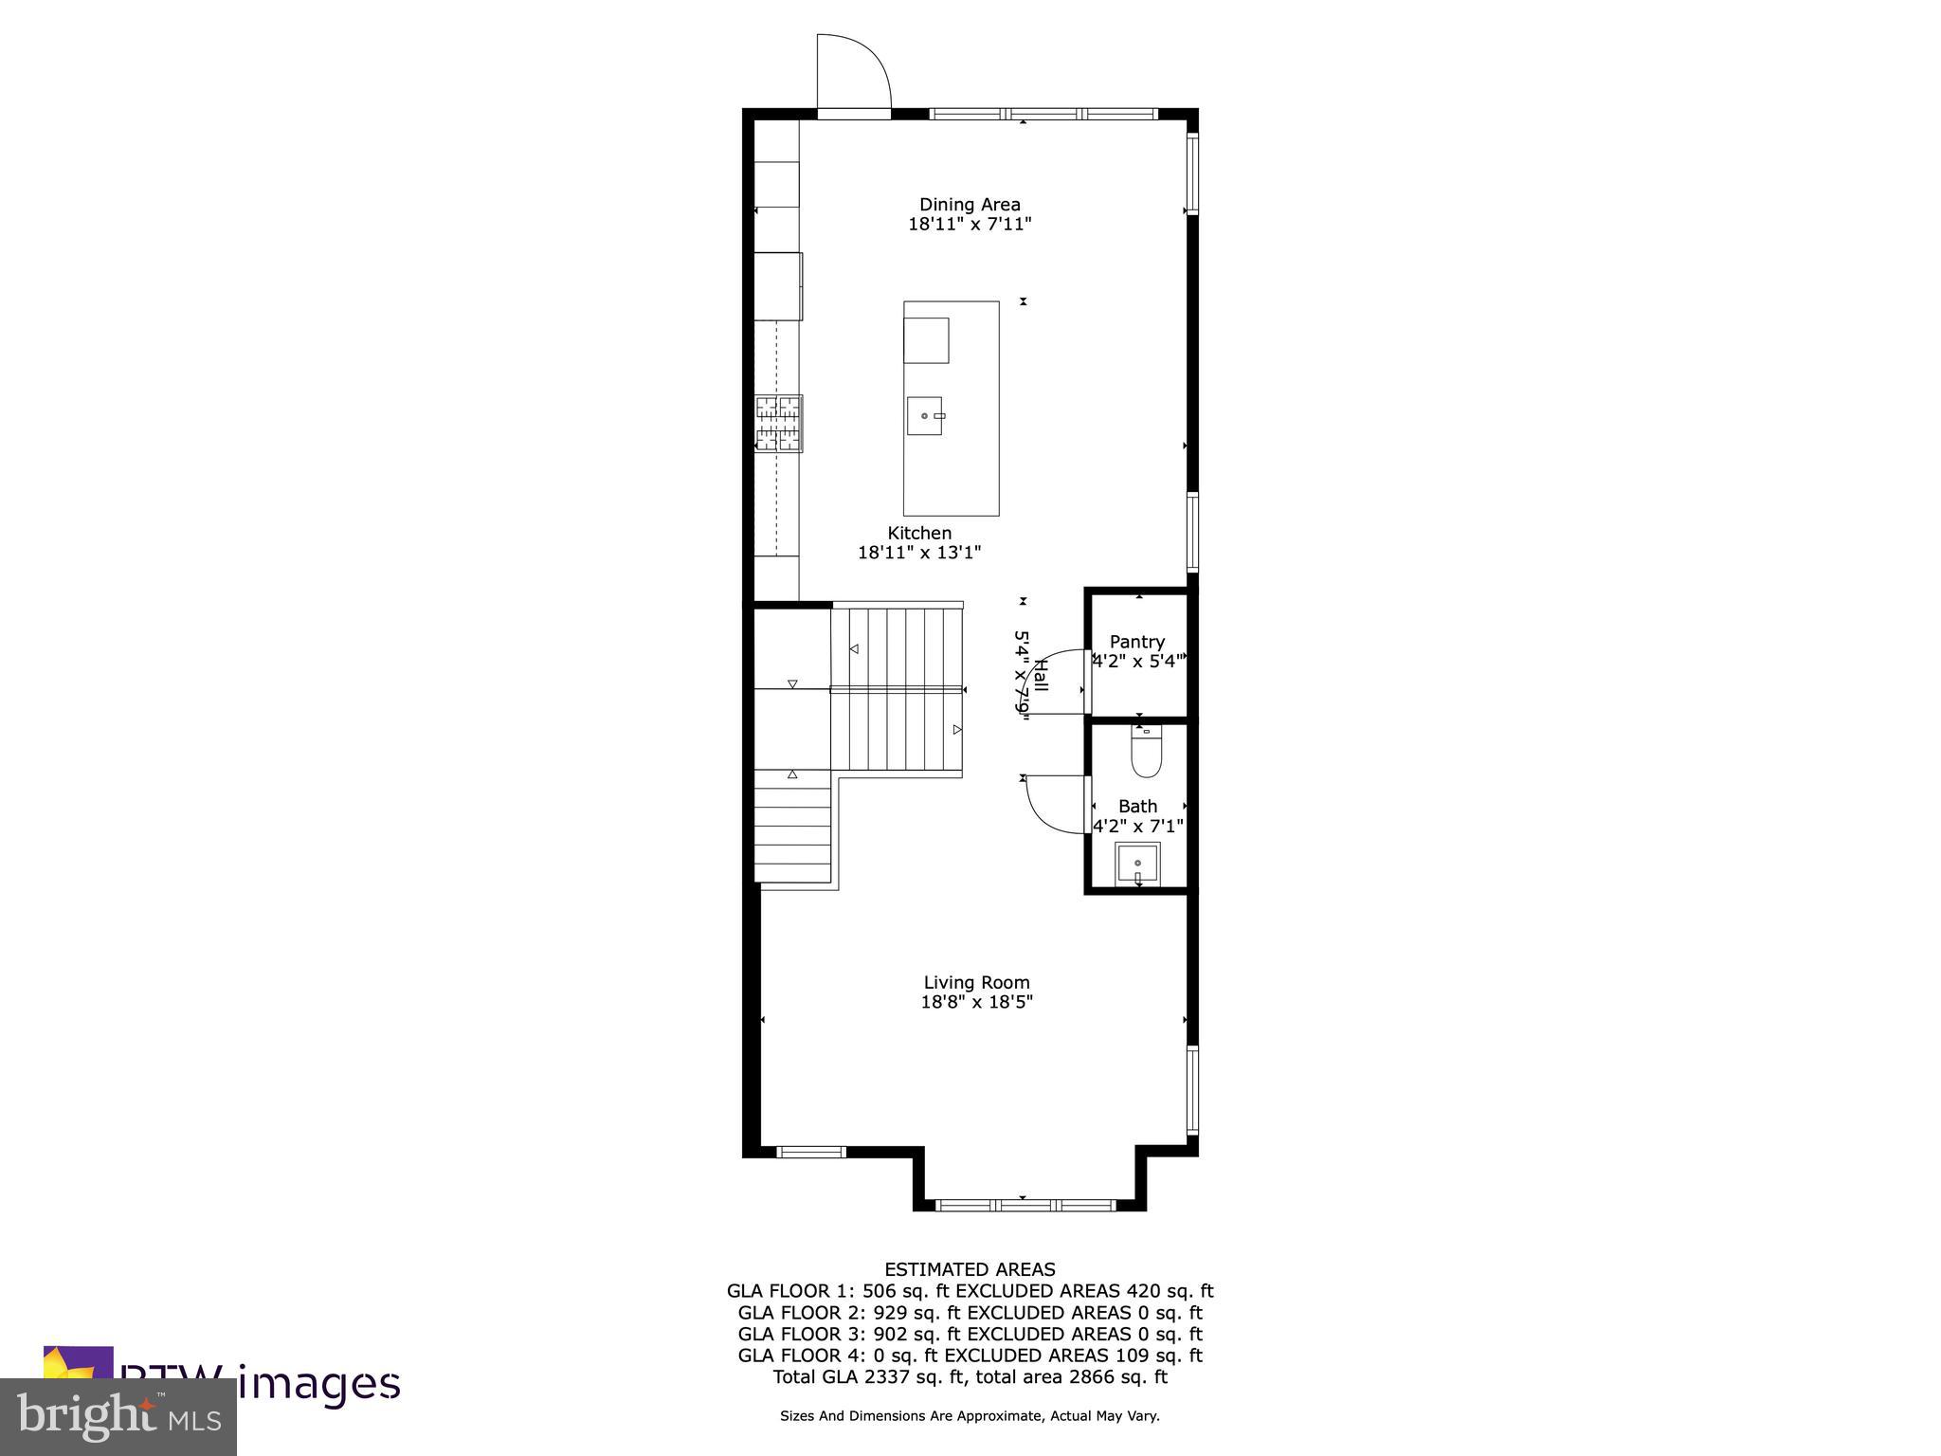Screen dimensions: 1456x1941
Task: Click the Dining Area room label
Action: tap(970, 204)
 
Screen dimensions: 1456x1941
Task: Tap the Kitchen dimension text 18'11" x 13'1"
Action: tap(919, 553)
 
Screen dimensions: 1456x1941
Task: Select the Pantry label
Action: tap(1136, 642)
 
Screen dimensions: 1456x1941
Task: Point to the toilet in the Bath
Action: tap(1146, 751)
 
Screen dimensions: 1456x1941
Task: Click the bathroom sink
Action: tap(1137, 864)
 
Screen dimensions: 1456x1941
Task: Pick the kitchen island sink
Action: tap(925, 416)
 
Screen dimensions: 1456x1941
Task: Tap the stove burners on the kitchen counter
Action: tap(779, 423)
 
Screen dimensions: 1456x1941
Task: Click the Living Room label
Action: tap(976, 982)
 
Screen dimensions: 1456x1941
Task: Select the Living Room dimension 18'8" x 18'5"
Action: tap(976, 1002)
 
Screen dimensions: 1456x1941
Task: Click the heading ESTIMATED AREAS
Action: tap(970, 1269)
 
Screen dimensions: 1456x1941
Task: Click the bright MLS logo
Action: tap(118, 1416)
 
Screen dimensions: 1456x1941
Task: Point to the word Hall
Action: tap(1040, 675)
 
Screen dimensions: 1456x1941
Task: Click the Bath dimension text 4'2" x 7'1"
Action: tap(1137, 826)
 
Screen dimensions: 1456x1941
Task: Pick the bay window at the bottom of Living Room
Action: tap(1027, 1205)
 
